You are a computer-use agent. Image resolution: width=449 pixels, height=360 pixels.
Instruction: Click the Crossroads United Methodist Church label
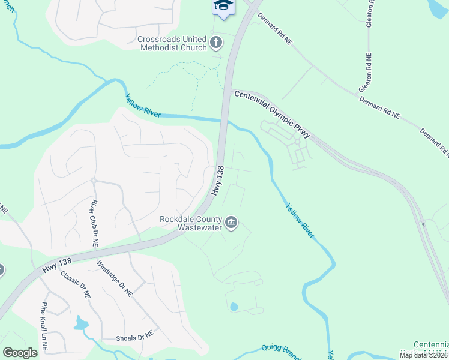pyautogui.click(x=172, y=43)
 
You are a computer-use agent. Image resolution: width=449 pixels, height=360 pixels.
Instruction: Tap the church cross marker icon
pyautogui.click(x=217, y=43)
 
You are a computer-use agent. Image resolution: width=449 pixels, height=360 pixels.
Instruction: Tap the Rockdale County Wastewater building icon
pyautogui.click(x=231, y=224)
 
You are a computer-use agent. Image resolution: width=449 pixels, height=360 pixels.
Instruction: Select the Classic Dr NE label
pyautogui.click(x=75, y=286)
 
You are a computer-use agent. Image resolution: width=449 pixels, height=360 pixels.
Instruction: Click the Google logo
pyautogui.click(x=20, y=352)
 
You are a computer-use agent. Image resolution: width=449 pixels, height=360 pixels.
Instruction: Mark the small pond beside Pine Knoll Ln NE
pyautogui.click(x=80, y=324)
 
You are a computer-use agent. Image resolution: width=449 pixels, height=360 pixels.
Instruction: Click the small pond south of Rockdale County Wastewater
pyautogui.click(x=234, y=307)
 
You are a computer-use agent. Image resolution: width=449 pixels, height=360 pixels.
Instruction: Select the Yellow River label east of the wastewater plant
pyautogui.click(x=299, y=220)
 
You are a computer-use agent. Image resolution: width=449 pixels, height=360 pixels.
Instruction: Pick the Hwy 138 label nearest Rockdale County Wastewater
pyautogui.click(x=217, y=181)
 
